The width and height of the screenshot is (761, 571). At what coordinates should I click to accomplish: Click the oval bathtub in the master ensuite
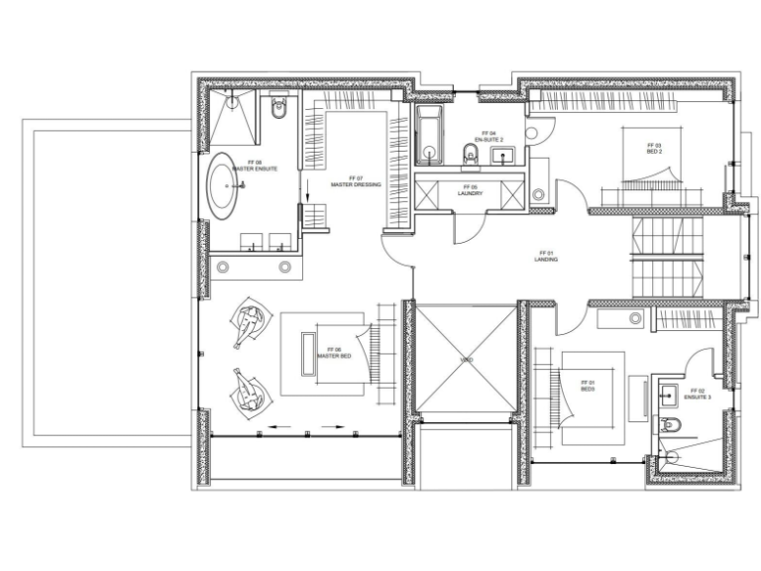[222, 186]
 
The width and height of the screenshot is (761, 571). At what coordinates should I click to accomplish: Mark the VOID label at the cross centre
[466, 359]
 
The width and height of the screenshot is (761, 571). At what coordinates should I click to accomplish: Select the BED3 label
[588, 386]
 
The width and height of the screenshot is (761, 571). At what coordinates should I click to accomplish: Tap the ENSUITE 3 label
[700, 394]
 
